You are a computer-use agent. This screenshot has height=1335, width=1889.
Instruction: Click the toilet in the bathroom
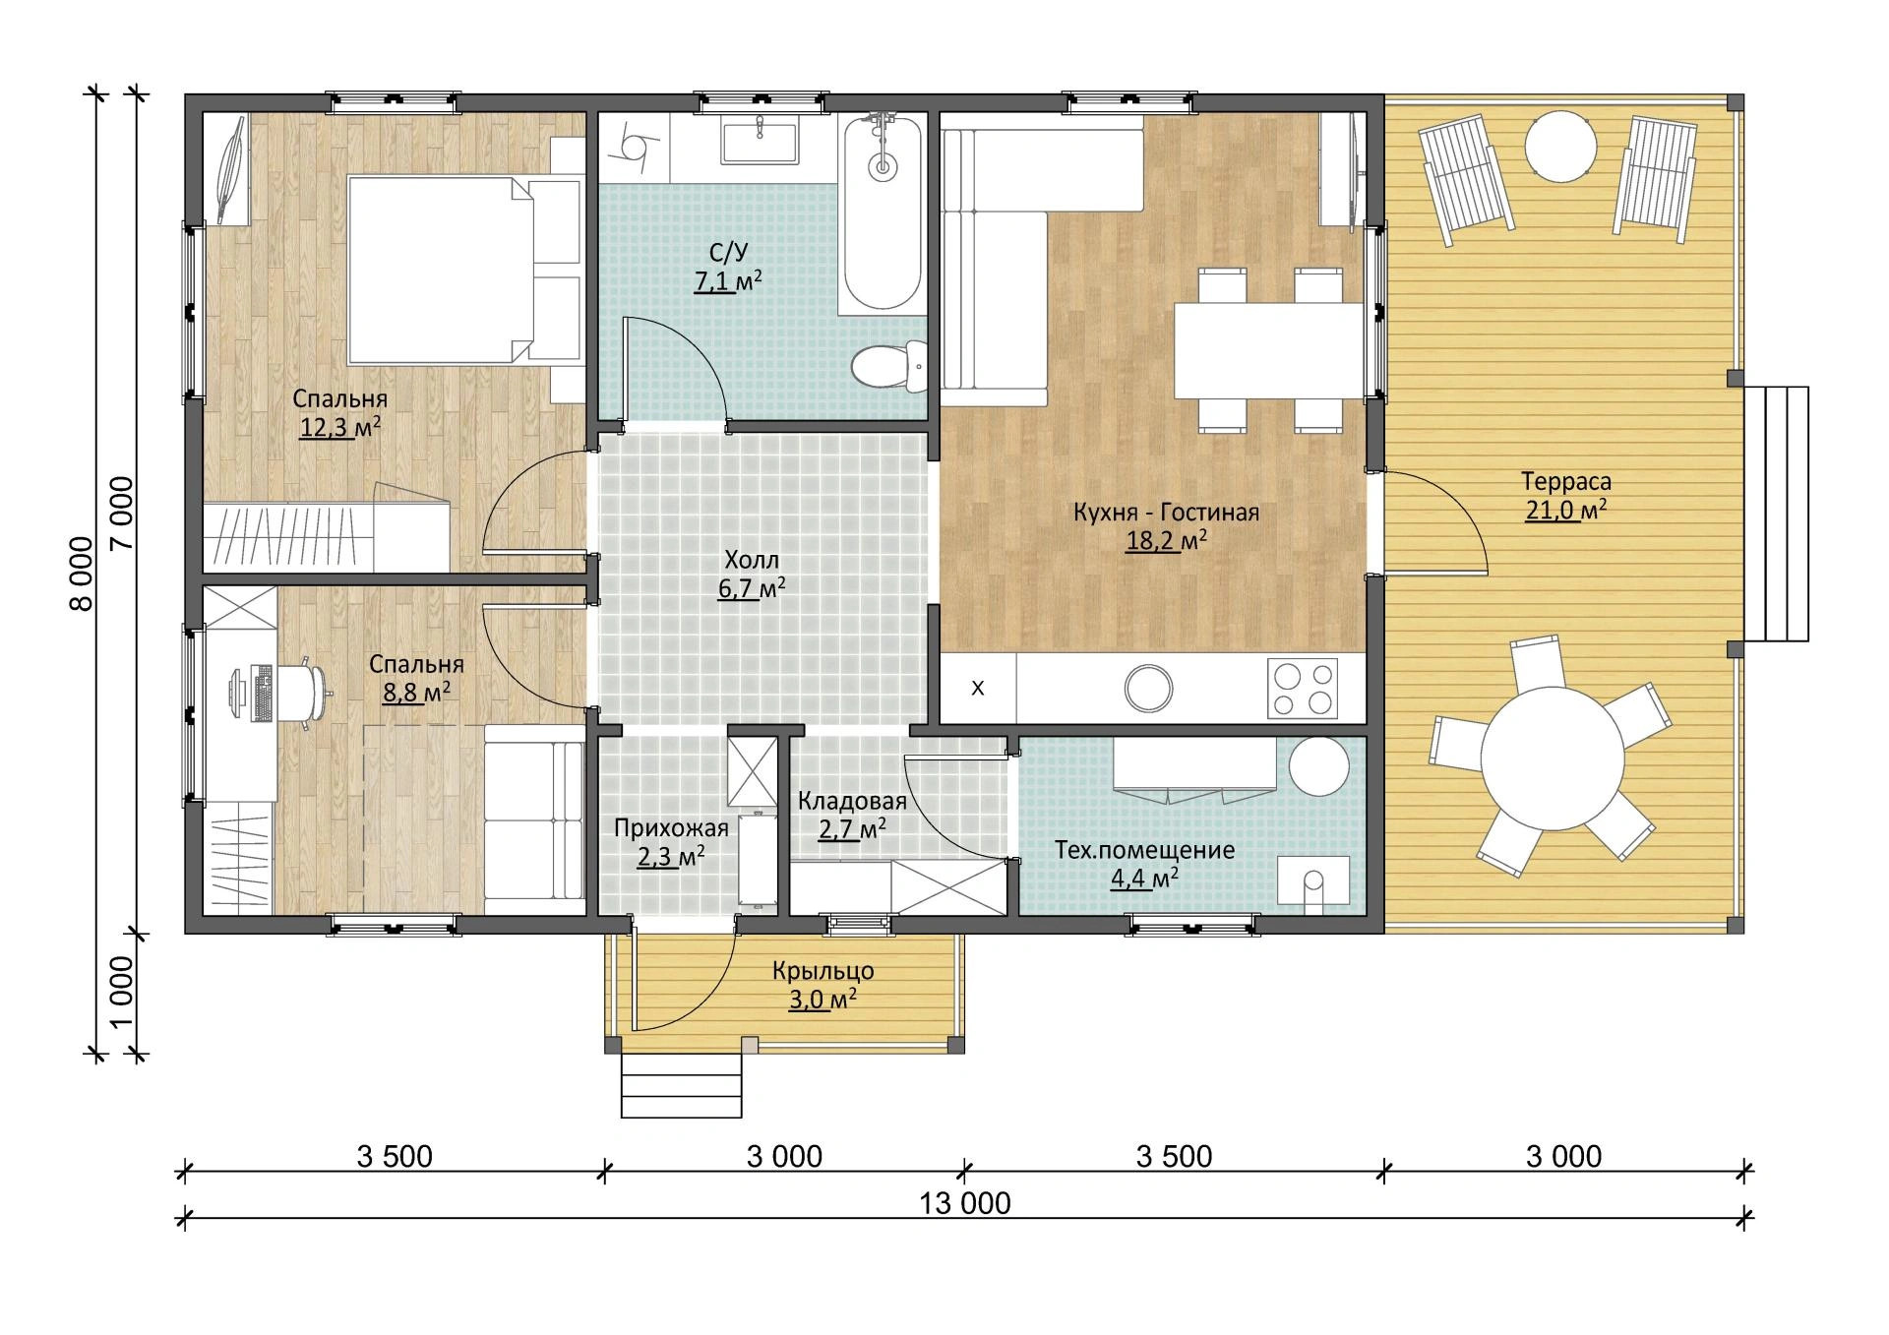pos(889,366)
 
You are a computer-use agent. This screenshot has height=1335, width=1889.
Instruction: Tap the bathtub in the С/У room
pos(884,213)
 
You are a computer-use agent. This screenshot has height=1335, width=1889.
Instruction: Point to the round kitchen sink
pos(1148,688)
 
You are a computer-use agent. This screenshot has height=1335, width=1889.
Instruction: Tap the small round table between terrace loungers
pos(1560,146)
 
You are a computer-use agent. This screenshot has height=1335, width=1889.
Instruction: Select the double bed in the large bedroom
pos(464,269)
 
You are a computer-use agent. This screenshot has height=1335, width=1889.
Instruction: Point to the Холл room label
pos(752,561)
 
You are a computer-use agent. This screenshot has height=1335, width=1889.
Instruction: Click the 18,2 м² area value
pos(1167,541)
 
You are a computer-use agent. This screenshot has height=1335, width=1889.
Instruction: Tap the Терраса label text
pos(1566,482)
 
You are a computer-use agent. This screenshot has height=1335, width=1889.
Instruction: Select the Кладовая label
pos(852,801)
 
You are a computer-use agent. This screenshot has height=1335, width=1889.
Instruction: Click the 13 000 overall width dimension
pos(965,1203)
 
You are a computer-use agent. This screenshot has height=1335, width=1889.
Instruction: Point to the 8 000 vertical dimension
pos(82,574)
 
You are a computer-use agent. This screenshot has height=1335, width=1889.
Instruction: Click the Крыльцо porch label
pos(823,972)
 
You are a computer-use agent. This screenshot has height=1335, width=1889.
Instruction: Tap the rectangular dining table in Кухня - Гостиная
pos(1269,350)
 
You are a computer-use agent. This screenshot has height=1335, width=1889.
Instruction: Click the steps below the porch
pos(681,1086)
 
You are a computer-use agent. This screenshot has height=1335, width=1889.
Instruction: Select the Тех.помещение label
pos(1144,850)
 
